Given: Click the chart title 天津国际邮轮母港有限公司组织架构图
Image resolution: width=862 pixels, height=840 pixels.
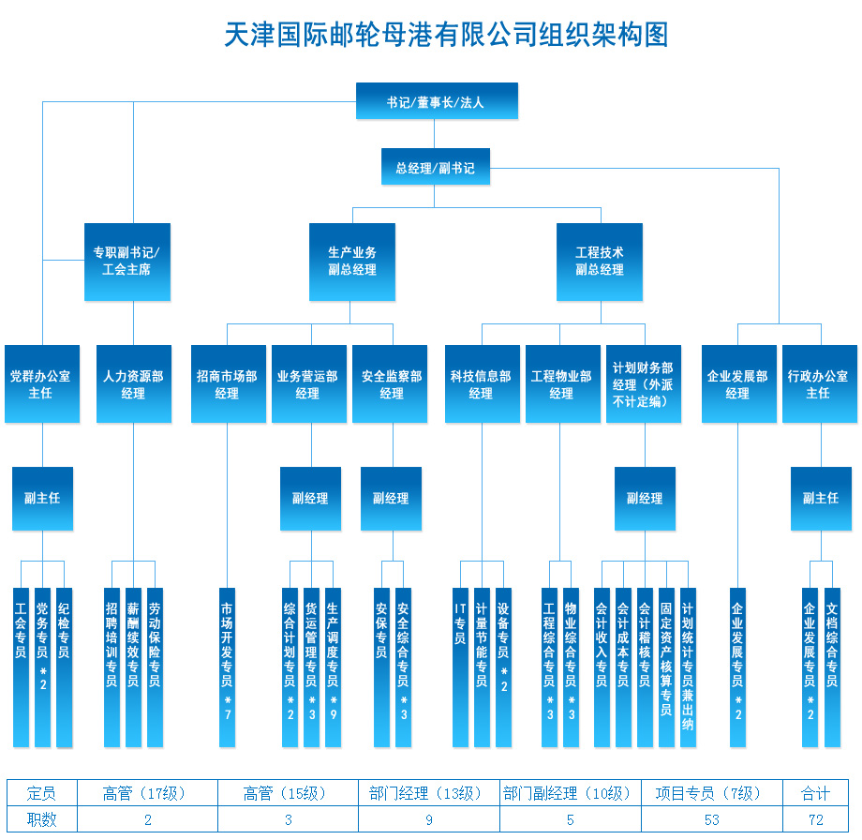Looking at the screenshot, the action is (446, 35).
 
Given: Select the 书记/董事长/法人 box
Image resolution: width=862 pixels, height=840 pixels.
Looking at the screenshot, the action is (437, 100).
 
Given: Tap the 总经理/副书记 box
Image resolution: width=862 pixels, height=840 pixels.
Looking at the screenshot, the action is (436, 166).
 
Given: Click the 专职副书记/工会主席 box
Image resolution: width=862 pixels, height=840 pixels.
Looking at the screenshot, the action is (127, 262).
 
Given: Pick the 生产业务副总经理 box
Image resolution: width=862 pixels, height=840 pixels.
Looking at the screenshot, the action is (352, 262).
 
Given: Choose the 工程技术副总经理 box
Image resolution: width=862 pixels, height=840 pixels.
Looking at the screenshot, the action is (600, 262).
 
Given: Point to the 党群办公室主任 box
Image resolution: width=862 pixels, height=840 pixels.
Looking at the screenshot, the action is (42, 384).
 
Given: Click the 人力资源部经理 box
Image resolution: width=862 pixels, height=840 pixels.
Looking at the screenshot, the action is (134, 384).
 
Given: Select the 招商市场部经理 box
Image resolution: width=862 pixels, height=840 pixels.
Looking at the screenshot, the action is (228, 384).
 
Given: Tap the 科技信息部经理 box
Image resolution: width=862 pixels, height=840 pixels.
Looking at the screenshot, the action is (483, 384).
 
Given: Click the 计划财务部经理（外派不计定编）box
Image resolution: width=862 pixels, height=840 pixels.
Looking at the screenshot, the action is (643, 384).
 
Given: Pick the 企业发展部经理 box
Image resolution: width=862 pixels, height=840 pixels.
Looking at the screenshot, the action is (739, 384).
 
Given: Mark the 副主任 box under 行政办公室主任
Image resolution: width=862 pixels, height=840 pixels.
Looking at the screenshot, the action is (821, 499).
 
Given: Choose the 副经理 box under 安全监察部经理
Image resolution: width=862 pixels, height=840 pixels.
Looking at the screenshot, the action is (391, 499).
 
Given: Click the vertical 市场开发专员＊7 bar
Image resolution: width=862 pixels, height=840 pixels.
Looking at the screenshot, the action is (227, 667).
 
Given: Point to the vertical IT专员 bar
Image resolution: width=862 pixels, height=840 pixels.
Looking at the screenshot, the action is (460, 667).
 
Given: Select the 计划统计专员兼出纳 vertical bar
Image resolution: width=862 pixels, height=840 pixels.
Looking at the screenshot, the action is (688, 667).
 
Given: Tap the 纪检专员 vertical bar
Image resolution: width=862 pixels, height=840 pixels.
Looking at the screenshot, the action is (64, 667).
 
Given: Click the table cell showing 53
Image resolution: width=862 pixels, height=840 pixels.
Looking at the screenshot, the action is (712, 819).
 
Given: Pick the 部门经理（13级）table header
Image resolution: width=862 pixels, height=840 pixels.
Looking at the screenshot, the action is (429, 793).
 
